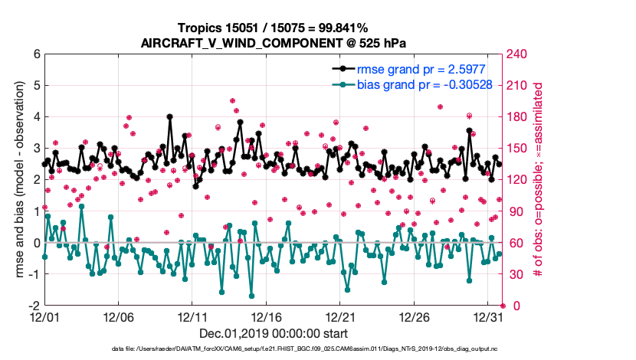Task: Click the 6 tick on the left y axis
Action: click(x=35, y=54)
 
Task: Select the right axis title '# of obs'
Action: click(x=539, y=180)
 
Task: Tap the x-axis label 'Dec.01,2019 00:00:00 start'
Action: click(x=273, y=334)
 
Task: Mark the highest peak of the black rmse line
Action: click(x=169, y=117)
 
